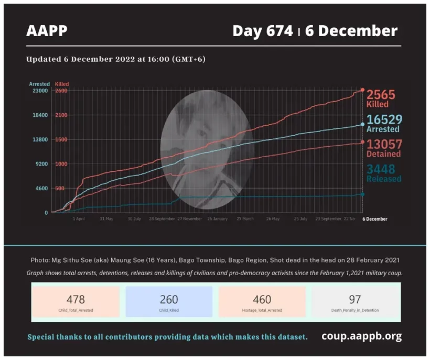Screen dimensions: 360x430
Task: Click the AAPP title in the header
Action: [x=47, y=31]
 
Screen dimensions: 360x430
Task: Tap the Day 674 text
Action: [x=262, y=31]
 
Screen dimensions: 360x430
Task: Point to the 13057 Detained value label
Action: [x=383, y=148]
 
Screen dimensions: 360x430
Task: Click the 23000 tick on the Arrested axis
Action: [x=40, y=91]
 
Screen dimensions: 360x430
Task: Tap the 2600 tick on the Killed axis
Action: [x=61, y=91]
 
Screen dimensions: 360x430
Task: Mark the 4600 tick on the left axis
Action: [x=41, y=188]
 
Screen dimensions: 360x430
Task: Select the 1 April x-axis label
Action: [x=79, y=219]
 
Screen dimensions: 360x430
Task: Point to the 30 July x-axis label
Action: [x=134, y=219]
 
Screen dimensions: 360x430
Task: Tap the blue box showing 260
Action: [x=169, y=302]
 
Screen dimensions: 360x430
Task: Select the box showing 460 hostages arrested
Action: [x=262, y=302]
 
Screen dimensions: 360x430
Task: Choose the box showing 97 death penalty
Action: [x=355, y=302]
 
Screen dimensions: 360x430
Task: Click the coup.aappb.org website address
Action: [x=361, y=336]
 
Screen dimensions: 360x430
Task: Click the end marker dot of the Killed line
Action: [x=362, y=90]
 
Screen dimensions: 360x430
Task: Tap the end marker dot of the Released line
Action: [x=362, y=194]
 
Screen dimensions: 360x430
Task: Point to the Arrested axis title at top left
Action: [x=39, y=84]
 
